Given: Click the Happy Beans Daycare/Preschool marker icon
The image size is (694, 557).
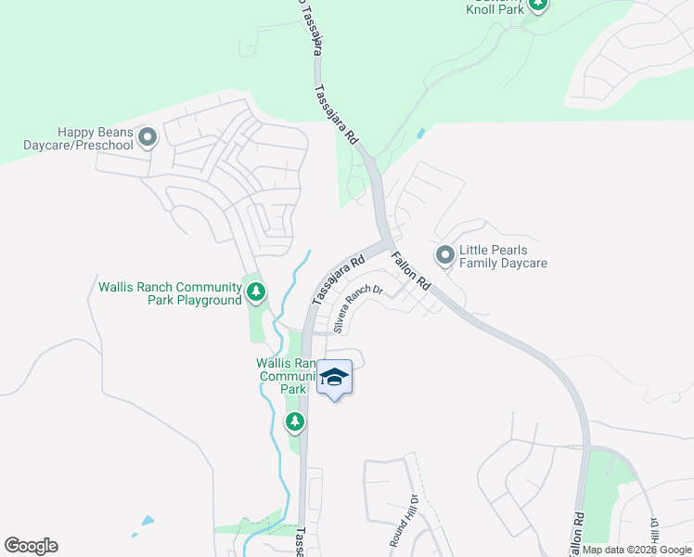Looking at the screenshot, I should [x=148, y=139].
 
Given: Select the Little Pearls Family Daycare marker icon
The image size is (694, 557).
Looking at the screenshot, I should [x=445, y=253].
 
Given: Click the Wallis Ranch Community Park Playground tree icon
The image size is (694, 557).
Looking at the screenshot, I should [x=256, y=293].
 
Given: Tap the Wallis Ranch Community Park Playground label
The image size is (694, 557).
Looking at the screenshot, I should [x=170, y=293].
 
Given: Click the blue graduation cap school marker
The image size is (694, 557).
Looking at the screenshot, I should [x=334, y=379].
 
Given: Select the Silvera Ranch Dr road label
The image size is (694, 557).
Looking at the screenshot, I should [x=357, y=309].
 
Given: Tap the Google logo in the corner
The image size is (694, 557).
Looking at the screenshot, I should [x=31, y=546].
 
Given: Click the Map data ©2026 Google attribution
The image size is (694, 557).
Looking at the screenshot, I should [x=636, y=550].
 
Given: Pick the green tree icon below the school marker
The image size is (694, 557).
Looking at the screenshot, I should [x=295, y=423].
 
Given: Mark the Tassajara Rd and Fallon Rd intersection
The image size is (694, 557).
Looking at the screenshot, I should [x=383, y=243].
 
